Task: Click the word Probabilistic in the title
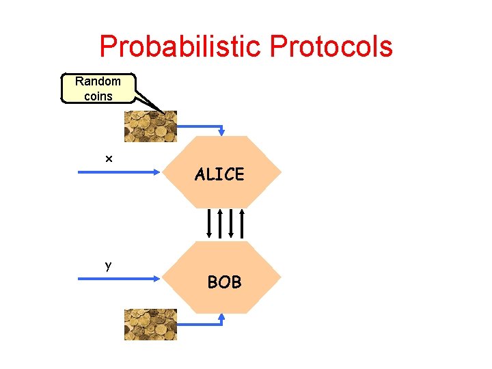point(181,46)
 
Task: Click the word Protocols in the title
point(331,46)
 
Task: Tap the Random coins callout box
point(98,89)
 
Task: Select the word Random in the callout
point(98,81)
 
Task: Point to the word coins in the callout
point(98,96)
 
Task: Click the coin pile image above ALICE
point(150,126)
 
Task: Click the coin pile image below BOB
point(150,324)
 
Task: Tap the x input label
point(109,159)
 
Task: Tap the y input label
point(108,266)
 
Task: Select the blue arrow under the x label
point(120,173)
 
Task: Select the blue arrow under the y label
point(120,279)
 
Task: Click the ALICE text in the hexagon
point(219,175)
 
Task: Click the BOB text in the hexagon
point(224,282)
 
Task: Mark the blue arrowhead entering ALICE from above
point(222,132)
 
